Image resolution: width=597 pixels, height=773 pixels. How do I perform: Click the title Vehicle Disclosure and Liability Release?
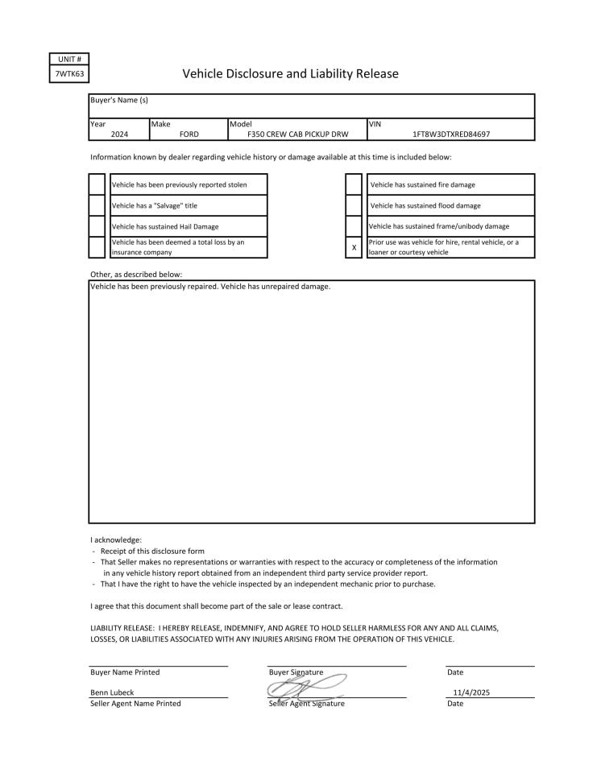[x=290, y=74]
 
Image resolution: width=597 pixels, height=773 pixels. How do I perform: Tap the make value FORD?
[x=189, y=134]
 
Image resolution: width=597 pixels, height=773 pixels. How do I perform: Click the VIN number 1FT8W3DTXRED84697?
[x=450, y=134]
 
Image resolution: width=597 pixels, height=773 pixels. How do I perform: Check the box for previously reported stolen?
[x=97, y=184]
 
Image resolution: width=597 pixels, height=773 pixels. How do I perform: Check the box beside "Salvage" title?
[x=97, y=205]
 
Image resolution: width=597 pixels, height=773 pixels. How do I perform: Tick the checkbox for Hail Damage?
[x=97, y=226]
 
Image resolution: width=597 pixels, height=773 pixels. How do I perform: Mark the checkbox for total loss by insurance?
[x=97, y=247]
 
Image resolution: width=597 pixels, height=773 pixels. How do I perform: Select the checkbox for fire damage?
[x=353, y=184]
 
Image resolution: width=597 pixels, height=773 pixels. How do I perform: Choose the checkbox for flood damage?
[x=353, y=205]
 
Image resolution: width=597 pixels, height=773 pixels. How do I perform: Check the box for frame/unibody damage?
[x=353, y=226]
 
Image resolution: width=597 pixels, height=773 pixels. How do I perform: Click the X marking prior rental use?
[x=354, y=247]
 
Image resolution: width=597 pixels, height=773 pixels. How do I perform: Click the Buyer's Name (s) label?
[x=119, y=100]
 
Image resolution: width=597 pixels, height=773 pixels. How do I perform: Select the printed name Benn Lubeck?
[x=112, y=692]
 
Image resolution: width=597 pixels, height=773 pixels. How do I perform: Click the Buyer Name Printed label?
[x=125, y=672]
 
